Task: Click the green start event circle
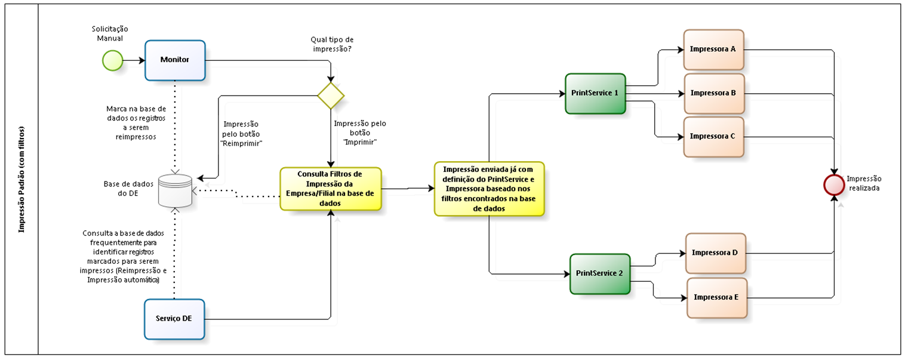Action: click(x=112, y=60)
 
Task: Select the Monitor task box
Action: click(x=175, y=60)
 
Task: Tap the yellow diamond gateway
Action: click(x=331, y=95)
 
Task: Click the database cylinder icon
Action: click(x=175, y=190)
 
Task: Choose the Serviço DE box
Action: click(x=174, y=319)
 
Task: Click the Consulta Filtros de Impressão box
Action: click(x=331, y=189)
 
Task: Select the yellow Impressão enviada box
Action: click(x=489, y=189)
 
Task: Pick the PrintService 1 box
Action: click(x=595, y=94)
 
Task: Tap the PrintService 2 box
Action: click(x=599, y=273)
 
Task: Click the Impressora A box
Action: click(x=713, y=50)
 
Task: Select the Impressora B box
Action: click(x=714, y=94)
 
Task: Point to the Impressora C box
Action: click(x=713, y=137)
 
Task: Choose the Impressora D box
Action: click(x=716, y=253)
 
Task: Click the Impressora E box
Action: click(x=716, y=297)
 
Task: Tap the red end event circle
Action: click(x=833, y=185)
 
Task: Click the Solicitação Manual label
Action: click(x=109, y=33)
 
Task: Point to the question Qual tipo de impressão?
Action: click(x=332, y=44)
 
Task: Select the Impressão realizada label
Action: click(x=863, y=183)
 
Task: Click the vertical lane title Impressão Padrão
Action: click(x=21, y=179)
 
